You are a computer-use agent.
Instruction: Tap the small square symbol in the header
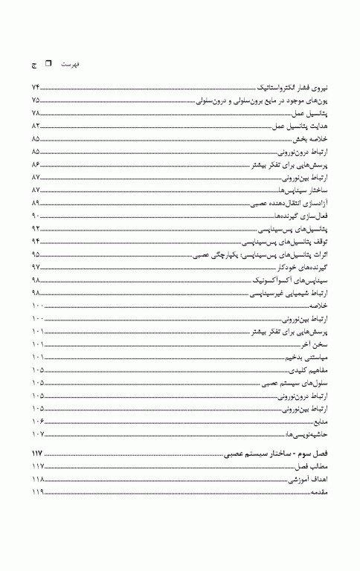(x=49, y=65)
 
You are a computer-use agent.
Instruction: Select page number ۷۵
(x=36, y=100)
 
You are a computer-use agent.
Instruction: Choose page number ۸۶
(x=36, y=164)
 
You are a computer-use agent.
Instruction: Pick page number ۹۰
(x=36, y=216)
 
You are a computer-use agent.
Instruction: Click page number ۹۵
(x=36, y=254)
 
